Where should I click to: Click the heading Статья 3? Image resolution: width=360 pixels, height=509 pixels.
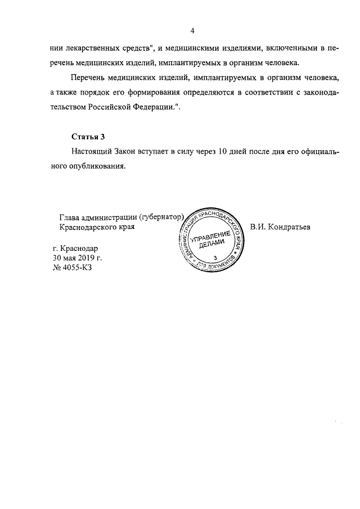[89, 137]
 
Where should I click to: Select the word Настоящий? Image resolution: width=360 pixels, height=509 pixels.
[93, 152]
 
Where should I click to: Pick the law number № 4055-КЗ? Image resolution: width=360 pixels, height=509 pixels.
[71, 268]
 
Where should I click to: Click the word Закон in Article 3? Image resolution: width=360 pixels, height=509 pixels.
[129, 152]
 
